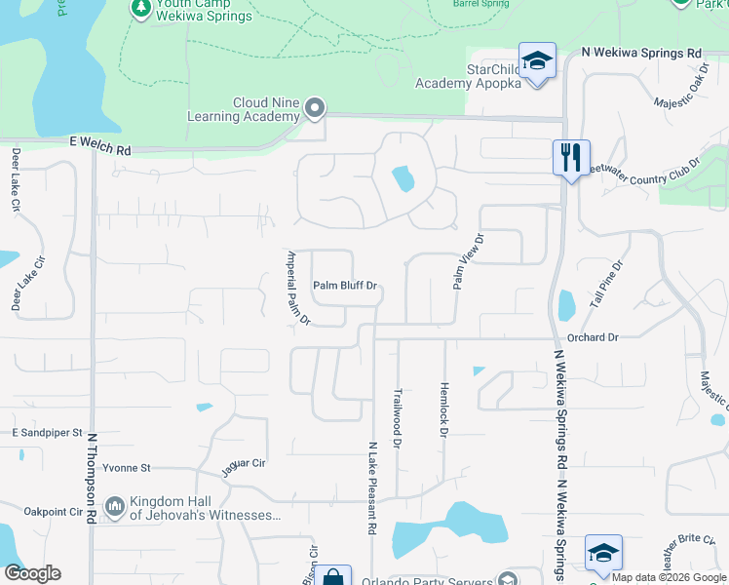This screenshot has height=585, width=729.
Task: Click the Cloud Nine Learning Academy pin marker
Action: point(314,108)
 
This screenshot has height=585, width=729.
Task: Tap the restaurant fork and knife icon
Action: point(569,156)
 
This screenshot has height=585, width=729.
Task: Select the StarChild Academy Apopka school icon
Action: point(536,61)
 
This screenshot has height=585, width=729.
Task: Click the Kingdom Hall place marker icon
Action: point(114,506)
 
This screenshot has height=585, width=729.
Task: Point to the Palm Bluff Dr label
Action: point(344,287)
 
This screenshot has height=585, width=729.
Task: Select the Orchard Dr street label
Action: point(593,337)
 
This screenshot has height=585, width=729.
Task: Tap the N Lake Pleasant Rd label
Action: point(371,488)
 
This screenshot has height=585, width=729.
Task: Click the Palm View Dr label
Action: point(468,261)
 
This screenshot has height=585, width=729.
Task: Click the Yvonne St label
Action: point(128,468)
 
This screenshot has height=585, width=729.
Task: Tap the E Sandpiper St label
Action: point(48,432)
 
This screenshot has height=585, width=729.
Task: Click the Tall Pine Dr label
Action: point(606,282)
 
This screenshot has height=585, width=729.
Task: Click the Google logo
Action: point(32,573)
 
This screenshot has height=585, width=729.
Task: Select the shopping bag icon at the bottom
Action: point(332,577)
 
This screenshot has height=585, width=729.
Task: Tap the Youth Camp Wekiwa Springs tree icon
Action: point(139,8)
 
